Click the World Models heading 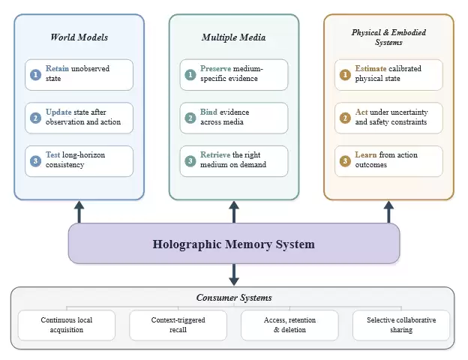point(79,37)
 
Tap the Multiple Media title point(234,37)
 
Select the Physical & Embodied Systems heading point(388,37)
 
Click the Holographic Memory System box point(234,243)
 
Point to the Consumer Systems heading point(234,298)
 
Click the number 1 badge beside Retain point(35,75)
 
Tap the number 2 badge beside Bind point(190,118)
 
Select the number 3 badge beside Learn point(345,161)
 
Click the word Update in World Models point(58,112)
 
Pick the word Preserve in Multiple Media point(215,69)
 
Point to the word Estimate point(370,69)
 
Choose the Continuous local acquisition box point(67,325)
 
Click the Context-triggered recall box point(178,325)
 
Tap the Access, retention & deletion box point(289,325)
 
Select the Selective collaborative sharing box point(401,325)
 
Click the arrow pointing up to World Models point(79,212)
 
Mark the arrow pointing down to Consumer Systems point(234,274)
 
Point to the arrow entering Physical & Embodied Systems point(388,212)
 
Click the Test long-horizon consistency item point(79,161)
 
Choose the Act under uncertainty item point(388,118)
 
